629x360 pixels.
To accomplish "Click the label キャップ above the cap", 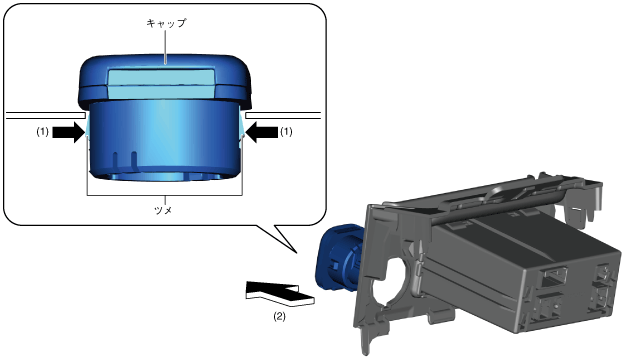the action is tap(166, 23).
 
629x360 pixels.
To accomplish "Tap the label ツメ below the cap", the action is tap(163, 210).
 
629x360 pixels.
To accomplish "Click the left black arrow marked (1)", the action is tap(69, 132).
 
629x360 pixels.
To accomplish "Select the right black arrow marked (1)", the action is tap(262, 132).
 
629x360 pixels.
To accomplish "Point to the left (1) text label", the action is tap(43, 132).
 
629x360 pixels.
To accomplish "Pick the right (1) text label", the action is tap(286, 132).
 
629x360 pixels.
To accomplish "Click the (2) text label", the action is tap(280, 316).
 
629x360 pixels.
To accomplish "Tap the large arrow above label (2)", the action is tap(280, 293).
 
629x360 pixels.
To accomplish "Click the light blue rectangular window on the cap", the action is tap(162, 84).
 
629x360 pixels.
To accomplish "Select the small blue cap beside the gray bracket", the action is tap(339, 258).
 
